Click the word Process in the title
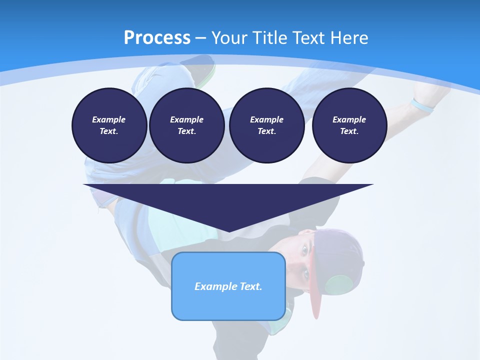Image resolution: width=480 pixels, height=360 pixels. (x=157, y=38)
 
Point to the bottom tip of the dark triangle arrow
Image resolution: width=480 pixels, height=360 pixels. (x=228, y=231)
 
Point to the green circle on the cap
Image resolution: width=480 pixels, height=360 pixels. (x=340, y=285)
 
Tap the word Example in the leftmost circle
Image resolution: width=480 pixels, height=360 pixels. (x=109, y=119)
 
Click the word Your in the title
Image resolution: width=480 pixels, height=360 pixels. (x=228, y=38)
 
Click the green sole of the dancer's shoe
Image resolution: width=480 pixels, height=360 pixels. (x=208, y=73)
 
